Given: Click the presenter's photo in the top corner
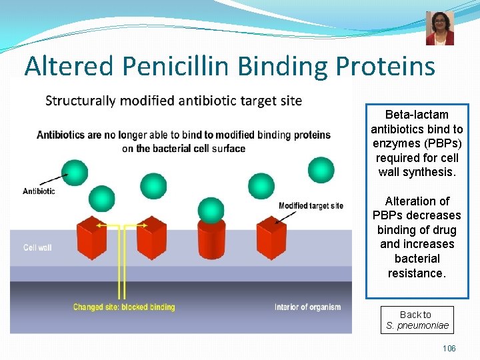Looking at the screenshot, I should point(439,28).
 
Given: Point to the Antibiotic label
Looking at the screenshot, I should point(39,191).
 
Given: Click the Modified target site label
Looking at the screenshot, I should point(311,205).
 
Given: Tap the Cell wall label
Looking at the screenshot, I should point(37,248).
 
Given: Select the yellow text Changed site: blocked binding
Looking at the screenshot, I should point(124,307).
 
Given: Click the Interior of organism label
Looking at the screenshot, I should point(307,307).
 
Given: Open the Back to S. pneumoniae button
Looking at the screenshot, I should point(417,320).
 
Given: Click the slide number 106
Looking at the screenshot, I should point(449,349).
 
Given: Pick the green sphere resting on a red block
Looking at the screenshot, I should point(211,210).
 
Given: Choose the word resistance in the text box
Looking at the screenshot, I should point(416,273).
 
